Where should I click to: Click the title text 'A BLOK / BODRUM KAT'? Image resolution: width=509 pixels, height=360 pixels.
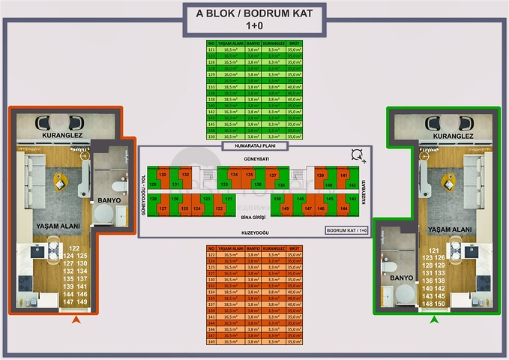point(254,13)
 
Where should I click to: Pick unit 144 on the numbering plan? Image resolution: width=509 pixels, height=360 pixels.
point(344,208)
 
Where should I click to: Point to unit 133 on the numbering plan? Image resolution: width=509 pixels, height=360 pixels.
point(224,184)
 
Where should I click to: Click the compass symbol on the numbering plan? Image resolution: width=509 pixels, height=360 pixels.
point(358,155)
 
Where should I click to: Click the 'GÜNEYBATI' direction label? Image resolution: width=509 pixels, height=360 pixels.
point(254,160)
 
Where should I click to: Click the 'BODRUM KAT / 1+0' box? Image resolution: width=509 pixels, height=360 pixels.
point(346,229)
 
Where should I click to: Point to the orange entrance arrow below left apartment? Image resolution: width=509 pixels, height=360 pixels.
point(75,321)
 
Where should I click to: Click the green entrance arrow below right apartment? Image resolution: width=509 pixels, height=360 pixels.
point(433,321)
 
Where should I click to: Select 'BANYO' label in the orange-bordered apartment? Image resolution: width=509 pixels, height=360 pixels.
point(109,201)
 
